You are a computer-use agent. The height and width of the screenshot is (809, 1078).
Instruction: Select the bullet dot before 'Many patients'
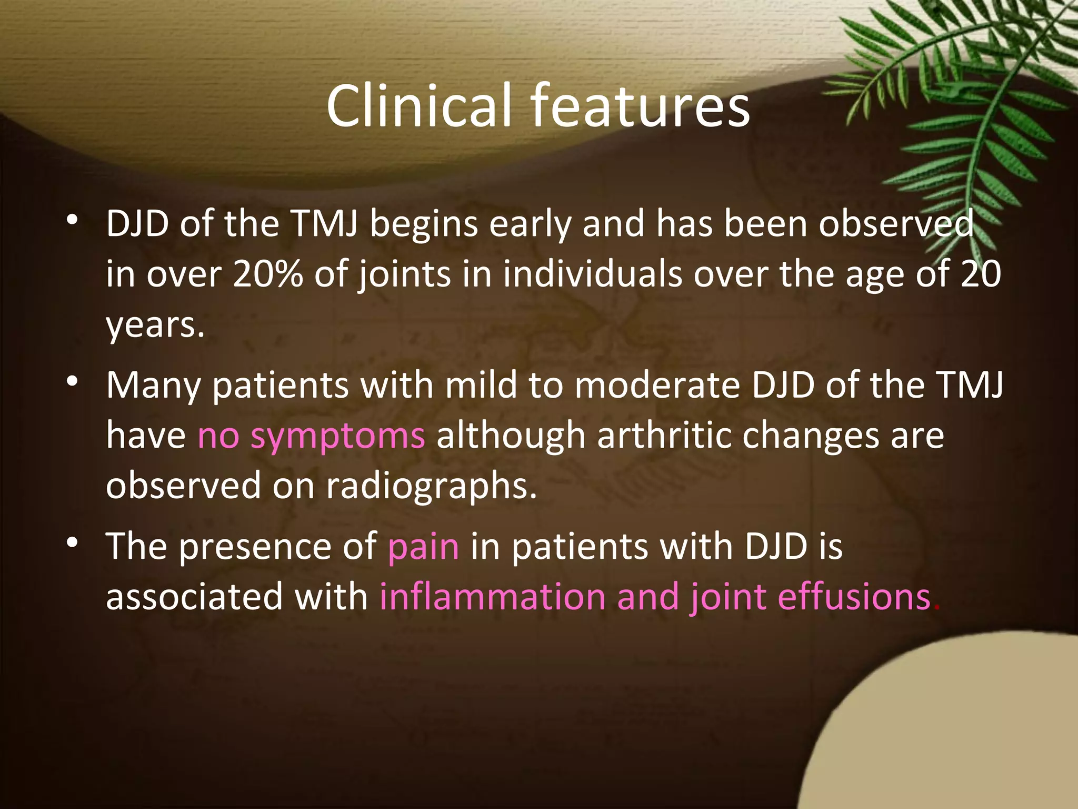73,381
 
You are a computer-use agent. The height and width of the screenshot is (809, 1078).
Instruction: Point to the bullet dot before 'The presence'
73,542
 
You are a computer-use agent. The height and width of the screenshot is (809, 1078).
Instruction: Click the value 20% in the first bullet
267,274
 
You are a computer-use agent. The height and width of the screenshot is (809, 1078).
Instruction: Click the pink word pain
423,547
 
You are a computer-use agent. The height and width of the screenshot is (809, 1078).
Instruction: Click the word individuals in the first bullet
592,274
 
